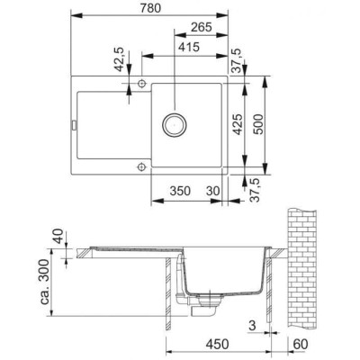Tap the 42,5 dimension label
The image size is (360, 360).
click(119, 65)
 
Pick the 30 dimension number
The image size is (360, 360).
click(212, 191)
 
